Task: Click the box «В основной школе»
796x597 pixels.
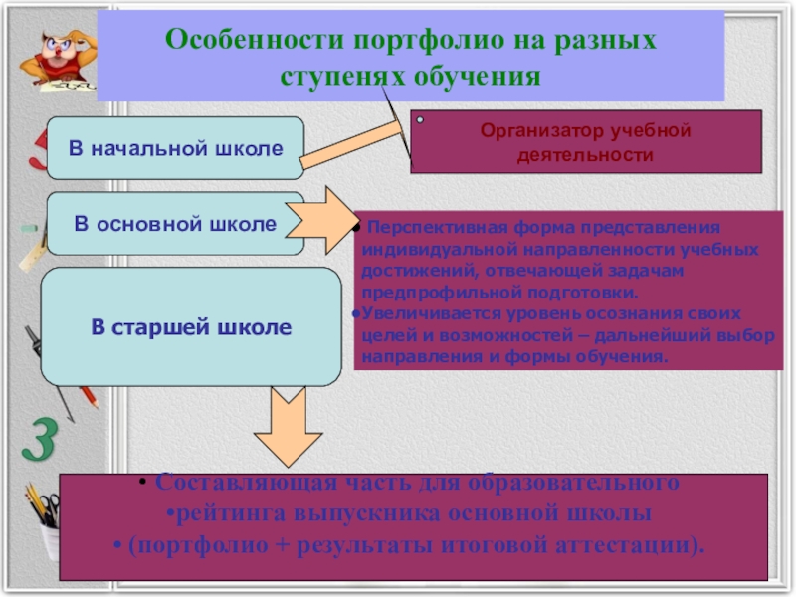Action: [175, 224]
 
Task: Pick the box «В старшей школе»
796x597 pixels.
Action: [191, 327]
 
